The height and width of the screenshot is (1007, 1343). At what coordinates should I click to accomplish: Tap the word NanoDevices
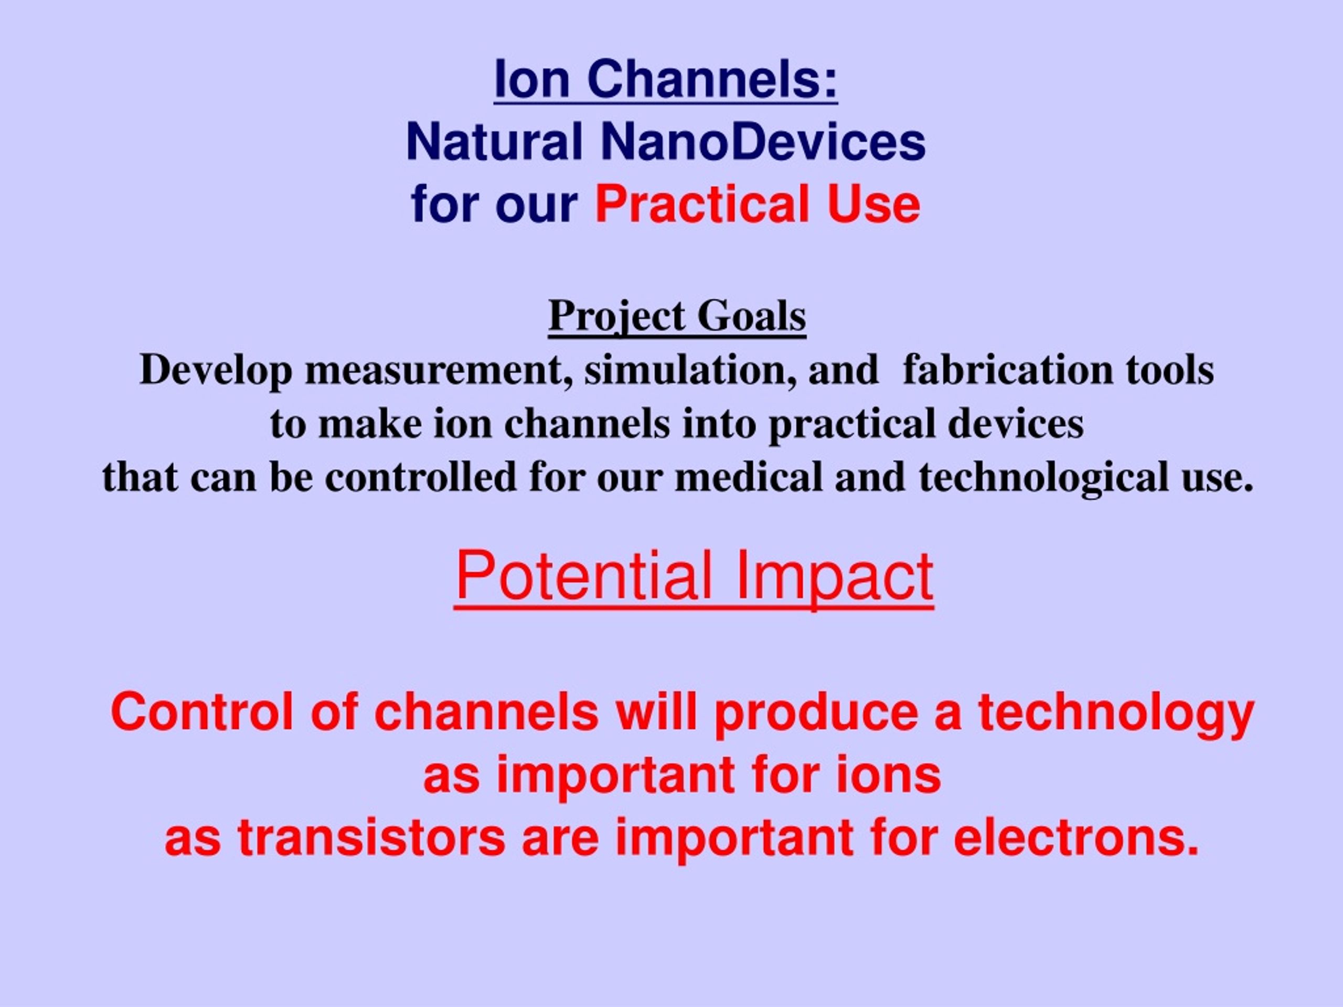763,142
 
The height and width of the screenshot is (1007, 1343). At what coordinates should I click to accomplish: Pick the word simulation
690,370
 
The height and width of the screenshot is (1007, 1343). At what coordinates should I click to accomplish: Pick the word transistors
371,837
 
